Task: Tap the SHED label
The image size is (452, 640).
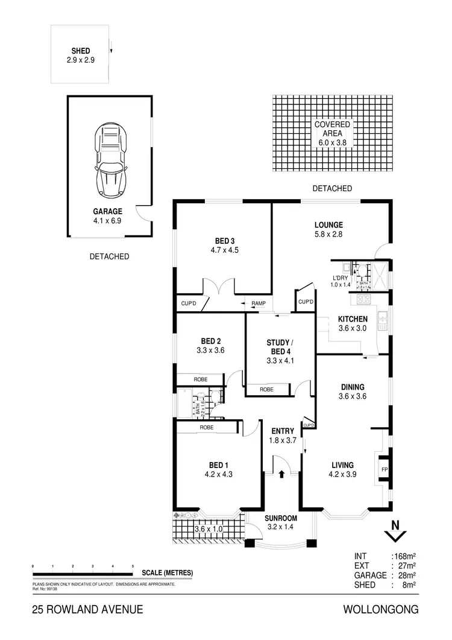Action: pos(80,51)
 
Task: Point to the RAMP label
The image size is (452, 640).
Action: pos(259,303)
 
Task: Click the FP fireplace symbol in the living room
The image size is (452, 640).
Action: pos(383,469)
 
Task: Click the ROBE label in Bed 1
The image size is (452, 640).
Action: pos(206,427)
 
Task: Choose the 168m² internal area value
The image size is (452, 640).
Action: pos(404,556)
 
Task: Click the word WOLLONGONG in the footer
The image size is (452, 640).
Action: pos(380,610)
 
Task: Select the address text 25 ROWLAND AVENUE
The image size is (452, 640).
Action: pos(87,610)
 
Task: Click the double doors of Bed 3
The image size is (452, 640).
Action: pos(219,288)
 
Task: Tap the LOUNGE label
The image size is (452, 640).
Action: pos(328,224)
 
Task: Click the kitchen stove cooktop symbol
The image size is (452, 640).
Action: pos(363,299)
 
